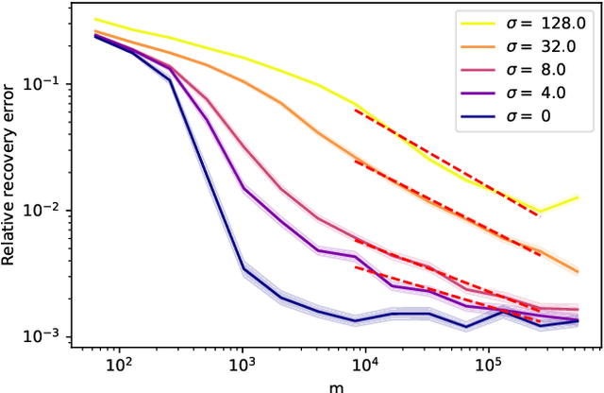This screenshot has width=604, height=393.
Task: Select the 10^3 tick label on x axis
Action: click(x=242, y=363)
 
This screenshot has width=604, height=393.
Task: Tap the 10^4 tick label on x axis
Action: click(x=364, y=363)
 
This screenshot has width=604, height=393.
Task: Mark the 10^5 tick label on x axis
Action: click(x=487, y=363)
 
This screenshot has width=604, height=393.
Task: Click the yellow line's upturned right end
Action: click(x=577, y=197)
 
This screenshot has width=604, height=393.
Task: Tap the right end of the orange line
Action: click(x=577, y=271)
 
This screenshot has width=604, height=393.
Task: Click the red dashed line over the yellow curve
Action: click(x=444, y=161)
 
